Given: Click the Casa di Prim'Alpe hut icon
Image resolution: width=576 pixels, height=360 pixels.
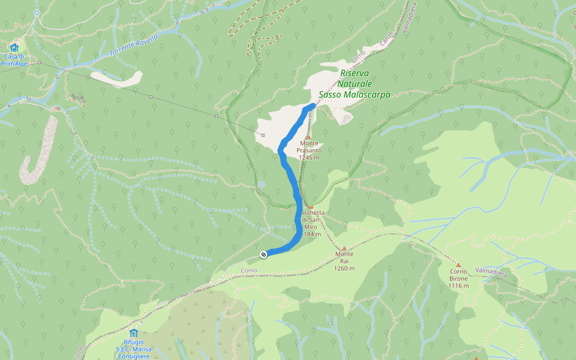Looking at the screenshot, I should [14, 47].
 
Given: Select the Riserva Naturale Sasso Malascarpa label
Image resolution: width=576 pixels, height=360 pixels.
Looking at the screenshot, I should [354, 84].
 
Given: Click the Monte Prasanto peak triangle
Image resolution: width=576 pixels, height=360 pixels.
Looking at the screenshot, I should [308, 137].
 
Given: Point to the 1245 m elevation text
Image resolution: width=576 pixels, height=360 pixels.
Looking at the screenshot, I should [308, 157].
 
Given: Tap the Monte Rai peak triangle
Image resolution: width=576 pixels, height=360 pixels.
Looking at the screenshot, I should [344, 248].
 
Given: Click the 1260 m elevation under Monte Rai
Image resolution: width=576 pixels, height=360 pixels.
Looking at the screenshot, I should [344, 268].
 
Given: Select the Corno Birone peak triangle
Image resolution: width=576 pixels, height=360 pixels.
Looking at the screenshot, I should [458, 265].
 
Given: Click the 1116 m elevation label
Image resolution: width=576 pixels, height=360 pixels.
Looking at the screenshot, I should [458, 286].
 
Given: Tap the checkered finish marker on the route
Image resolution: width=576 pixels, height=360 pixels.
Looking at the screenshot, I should [263, 255].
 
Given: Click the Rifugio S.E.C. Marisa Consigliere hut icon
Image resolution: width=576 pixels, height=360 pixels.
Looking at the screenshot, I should [133, 333].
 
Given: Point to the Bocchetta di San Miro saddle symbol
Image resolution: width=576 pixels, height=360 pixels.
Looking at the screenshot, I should [310, 207].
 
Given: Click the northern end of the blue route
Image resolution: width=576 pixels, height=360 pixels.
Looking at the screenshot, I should [313, 106].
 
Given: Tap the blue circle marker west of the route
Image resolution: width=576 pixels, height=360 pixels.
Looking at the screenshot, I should [261, 184].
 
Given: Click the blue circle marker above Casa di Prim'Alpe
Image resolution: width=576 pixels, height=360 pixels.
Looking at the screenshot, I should [37, 13].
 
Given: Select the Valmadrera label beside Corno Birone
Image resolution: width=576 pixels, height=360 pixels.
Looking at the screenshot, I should [491, 272].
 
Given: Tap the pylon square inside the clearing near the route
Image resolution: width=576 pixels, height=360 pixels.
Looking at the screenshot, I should [263, 135].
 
